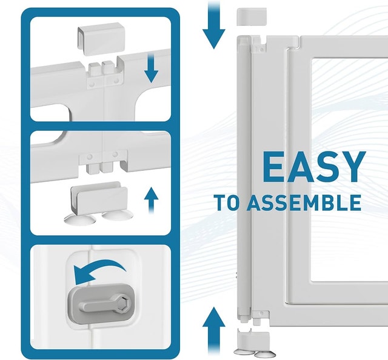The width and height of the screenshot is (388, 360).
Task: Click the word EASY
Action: [314, 167]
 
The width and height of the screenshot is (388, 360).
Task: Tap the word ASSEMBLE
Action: [304, 202]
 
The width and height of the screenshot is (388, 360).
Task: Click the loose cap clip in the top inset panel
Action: [101, 39]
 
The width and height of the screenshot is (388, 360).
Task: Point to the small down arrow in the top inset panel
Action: [151, 68]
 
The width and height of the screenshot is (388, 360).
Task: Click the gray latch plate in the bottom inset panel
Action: [101, 303]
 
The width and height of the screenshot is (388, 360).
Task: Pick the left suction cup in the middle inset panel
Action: [79, 219]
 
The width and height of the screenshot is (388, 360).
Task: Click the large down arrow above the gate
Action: [214, 25]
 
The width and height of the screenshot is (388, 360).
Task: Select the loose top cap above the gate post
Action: [252, 16]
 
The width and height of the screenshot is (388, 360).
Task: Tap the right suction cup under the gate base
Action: [264, 353]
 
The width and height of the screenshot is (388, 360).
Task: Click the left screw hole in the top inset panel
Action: [92, 84]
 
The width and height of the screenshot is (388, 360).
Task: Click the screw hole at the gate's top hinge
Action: [261, 50]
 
